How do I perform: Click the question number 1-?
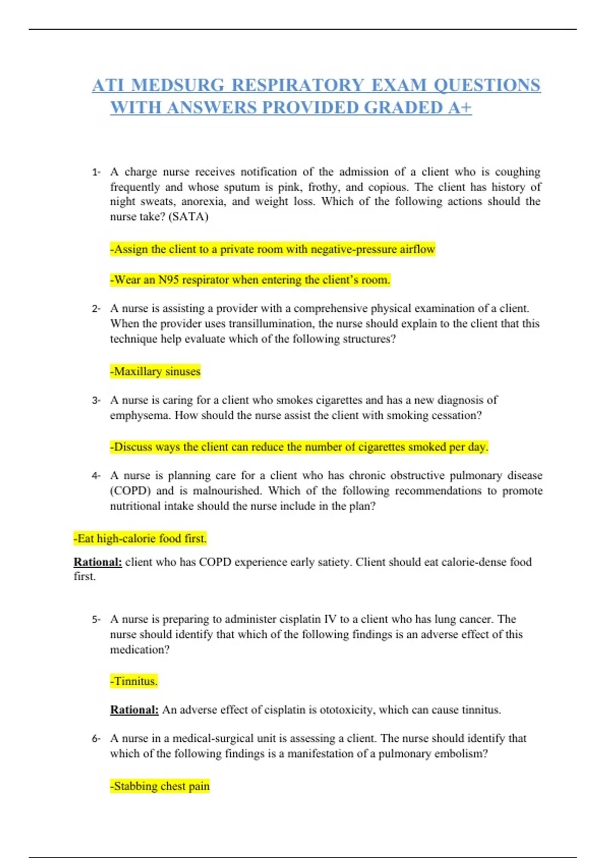tap(96, 172)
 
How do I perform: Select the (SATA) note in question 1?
tap(188, 217)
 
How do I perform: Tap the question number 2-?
tap(96, 308)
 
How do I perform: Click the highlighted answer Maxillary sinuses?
tap(156, 371)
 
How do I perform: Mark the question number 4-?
tap(96, 475)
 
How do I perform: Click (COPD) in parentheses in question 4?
tap(130, 491)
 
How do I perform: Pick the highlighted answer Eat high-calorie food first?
tap(140, 539)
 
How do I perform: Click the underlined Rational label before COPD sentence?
tap(98, 562)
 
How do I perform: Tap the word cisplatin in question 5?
tap(299, 619)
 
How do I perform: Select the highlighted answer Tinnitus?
tap(134, 681)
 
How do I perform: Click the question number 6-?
tap(96, 738)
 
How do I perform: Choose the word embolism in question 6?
tap(463, 754)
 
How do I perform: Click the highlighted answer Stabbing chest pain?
tap(160, 786)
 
